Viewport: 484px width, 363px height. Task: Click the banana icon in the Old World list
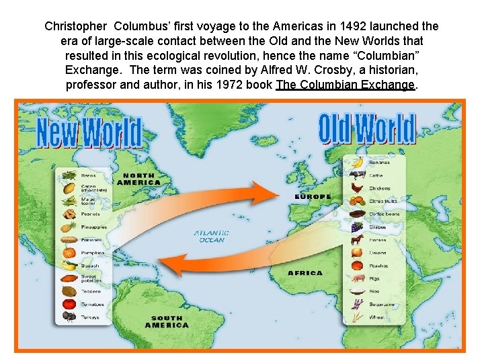coord(358,162)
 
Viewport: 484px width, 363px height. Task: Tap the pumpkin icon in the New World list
coord(68,253)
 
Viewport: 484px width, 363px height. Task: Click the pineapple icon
coord(68,227)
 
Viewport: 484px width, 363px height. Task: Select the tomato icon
coord(68,305)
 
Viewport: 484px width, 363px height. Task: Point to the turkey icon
coord(68,317)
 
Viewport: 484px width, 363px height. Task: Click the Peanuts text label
coord(91,214)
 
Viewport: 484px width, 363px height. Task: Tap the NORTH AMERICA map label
coord(138,179)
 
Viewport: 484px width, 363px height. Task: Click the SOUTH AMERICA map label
coord(167,322)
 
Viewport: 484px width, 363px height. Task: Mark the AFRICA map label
coord(305,273)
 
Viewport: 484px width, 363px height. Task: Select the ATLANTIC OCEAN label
coord(212,237)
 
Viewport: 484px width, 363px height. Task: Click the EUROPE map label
coord(313,197)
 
